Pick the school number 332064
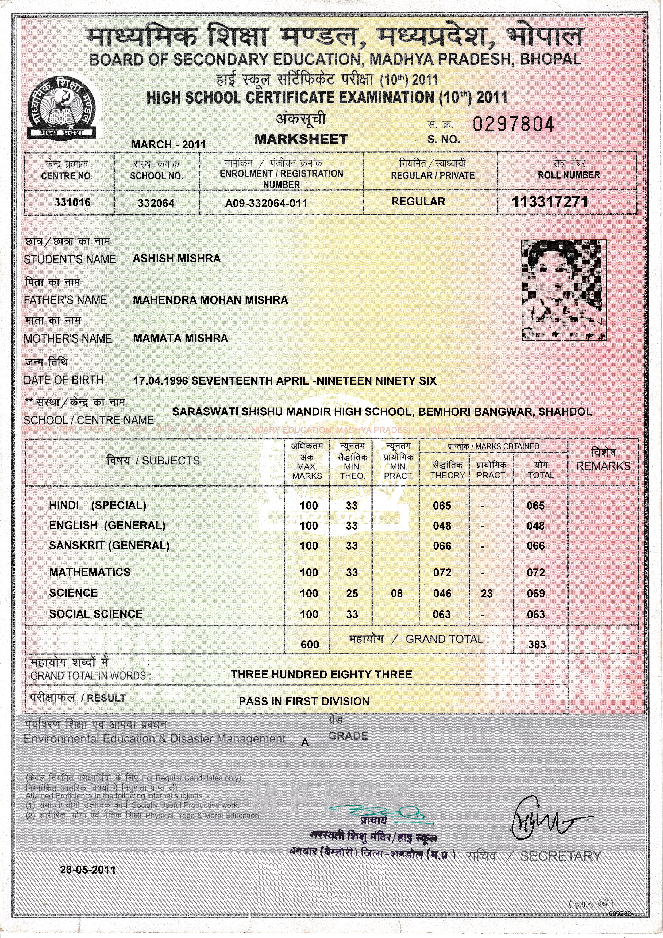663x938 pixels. pyautogui.click(x=156, y=203)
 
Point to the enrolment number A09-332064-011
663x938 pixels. pyautogui.click(x=266, y=203)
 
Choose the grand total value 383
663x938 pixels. pyautogui.click(x=537, y=645)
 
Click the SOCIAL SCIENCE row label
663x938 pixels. pyautogui.click(x=96, y=614)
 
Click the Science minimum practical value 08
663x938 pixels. pyautogui.click(x=396, y=593)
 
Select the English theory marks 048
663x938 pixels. pyautogui.click(x=442, y=526)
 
